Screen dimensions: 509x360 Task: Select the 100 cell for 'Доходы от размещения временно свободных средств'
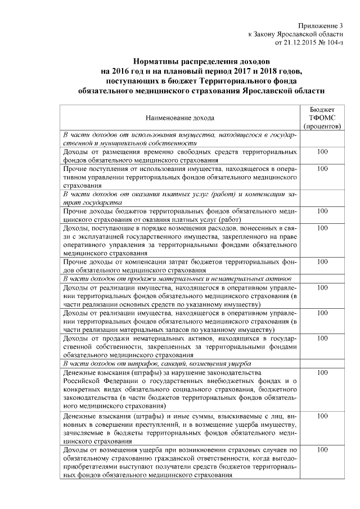point(322,152)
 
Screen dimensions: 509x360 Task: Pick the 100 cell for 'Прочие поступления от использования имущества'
point(322,169)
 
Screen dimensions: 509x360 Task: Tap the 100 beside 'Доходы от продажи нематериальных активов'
point(322,339)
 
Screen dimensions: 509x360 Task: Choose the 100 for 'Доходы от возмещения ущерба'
point(322,451)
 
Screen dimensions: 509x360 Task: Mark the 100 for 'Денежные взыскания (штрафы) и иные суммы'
point(322,416)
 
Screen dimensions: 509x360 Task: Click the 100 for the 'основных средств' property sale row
point(322,288)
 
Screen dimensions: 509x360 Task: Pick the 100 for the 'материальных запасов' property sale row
point(322,313)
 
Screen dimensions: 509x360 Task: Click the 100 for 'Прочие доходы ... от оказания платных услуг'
point(322,211)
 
